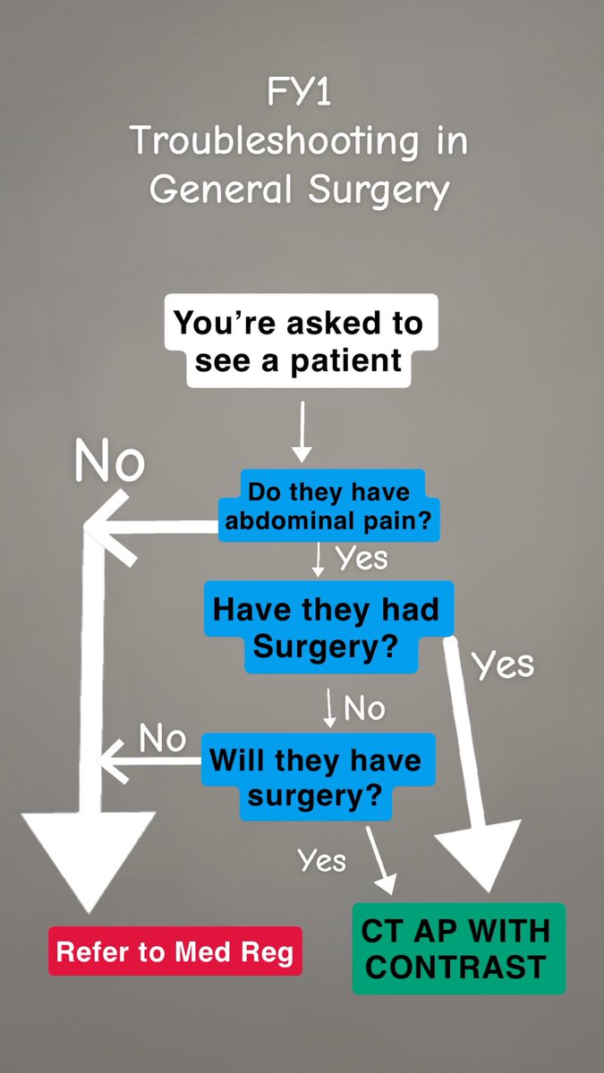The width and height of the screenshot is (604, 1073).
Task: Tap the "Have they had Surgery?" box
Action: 326,627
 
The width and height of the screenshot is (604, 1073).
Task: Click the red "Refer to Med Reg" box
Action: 174,951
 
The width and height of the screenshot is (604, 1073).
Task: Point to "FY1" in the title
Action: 299,92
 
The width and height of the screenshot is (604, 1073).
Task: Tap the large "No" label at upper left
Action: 108,462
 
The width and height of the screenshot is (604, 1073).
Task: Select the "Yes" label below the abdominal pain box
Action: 362,558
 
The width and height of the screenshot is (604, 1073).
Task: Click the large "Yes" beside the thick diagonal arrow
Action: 503,664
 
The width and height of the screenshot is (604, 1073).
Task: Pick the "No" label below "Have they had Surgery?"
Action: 364,709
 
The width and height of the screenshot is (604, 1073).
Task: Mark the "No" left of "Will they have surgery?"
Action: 161,739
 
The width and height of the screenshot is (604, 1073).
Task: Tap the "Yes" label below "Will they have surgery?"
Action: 321,860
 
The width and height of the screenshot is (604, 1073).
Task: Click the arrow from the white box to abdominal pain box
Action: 302,433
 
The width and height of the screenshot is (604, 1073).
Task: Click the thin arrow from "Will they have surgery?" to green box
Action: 381,858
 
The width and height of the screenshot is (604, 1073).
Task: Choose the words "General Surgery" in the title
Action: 299,190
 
